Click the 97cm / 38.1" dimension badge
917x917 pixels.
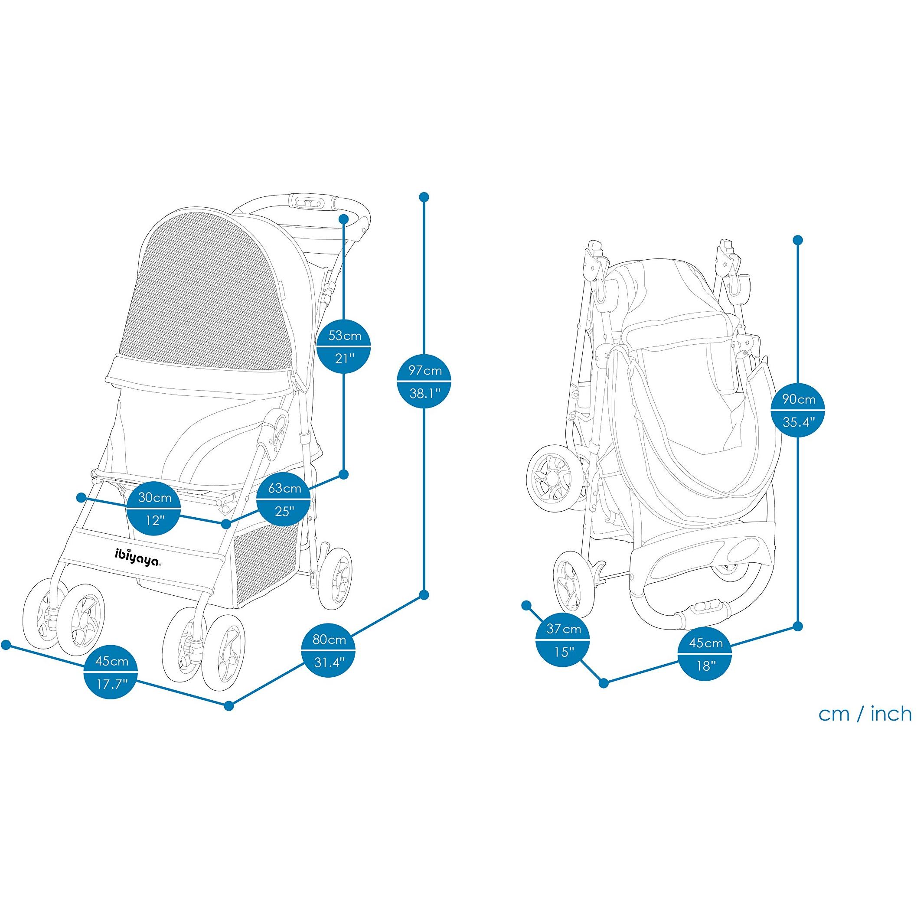point(424,382)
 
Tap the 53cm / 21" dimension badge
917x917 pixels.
point(344,347)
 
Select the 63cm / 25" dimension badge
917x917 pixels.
point(284,499)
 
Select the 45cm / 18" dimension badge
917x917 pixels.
point(705,655)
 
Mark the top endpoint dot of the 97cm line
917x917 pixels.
point(424,197)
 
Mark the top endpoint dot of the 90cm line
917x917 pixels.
point(798,240)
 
